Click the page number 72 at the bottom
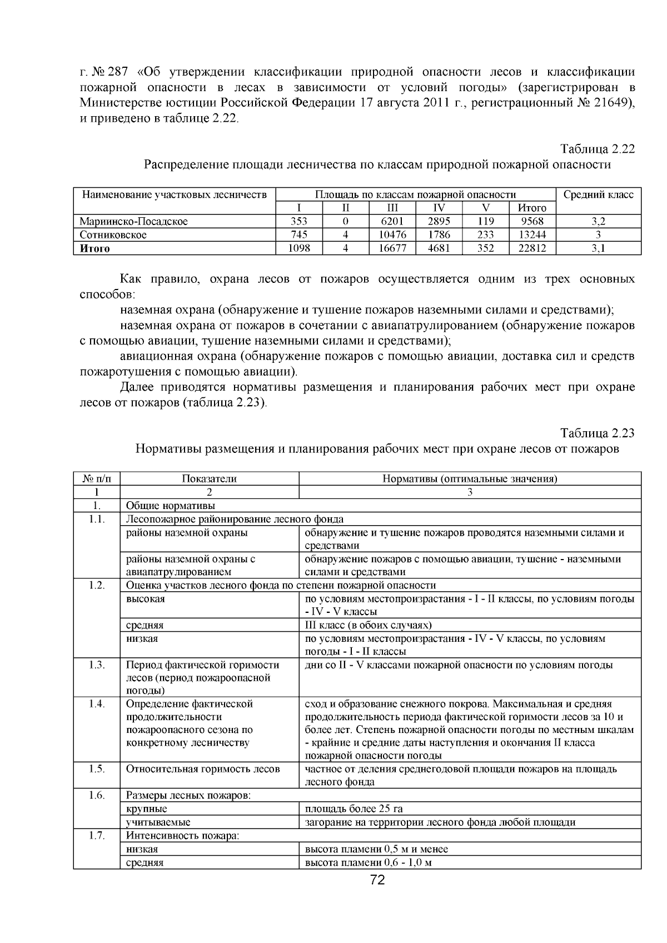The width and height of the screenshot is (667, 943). (377, 880)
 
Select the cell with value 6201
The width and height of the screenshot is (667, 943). (392, 221)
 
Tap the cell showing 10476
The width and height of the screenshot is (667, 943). (392, 234)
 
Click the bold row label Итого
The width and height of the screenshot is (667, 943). (95, 248)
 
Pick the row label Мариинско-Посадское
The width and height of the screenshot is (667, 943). (133, 221)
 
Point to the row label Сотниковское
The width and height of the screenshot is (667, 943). (113, 234)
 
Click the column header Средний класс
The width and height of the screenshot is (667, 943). (598, 194)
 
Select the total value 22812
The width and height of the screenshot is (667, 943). (532, 248)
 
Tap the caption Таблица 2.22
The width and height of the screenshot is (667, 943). (598, 149)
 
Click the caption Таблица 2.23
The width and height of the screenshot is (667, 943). (598, 433)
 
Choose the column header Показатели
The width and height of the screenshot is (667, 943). (209, 478)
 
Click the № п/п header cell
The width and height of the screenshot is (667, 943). (97, 478)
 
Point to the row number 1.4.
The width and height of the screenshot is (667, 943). (97, 704)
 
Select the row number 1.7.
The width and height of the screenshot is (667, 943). (97, 836)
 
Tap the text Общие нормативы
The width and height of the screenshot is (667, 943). (170, 506)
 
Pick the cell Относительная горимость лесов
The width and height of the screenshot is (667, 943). (203, 769)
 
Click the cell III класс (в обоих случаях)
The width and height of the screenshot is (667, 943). (368, 625)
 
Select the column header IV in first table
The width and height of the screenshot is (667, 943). (439, 208)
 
